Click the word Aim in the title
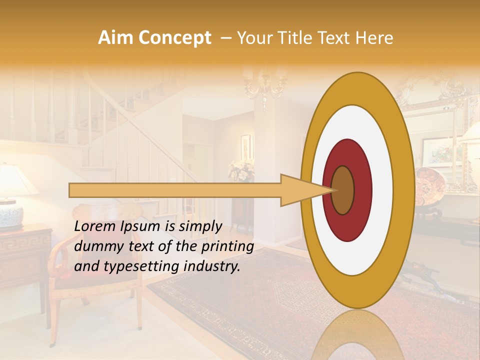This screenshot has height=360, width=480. tap(115, 38)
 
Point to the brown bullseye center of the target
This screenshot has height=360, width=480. tap(343, 190)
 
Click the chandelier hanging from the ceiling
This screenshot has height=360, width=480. tap(265, 82)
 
